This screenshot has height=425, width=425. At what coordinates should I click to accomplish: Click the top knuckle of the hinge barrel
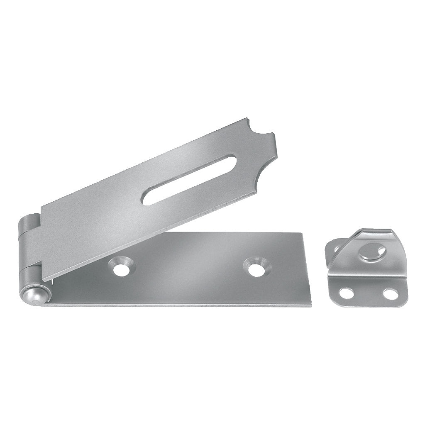[29, 225]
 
